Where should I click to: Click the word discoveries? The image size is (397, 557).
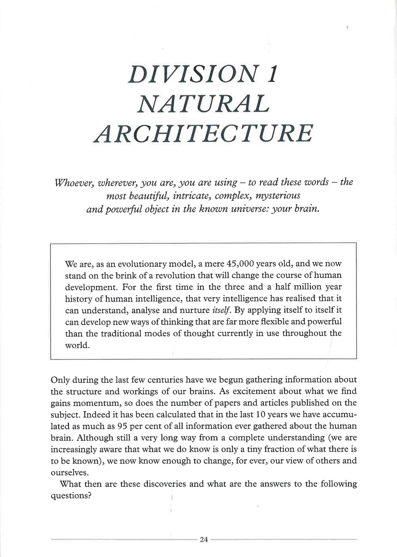pyautogui.click(x=173, y=484)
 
